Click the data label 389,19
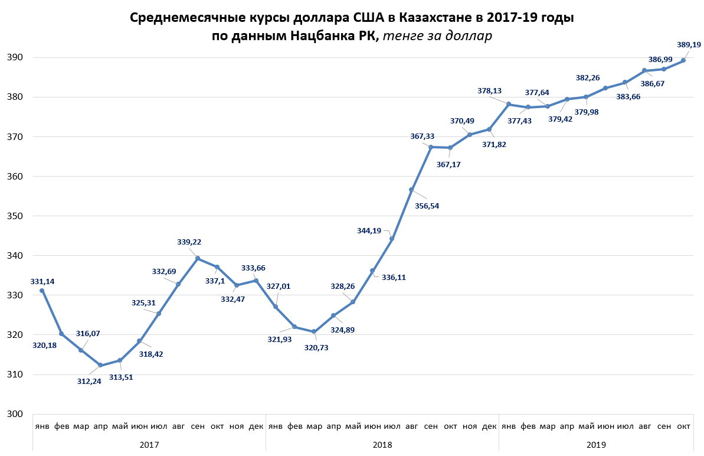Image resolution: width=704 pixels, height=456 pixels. tap(688, 44)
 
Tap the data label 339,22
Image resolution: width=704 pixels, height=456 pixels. tap(189, 242)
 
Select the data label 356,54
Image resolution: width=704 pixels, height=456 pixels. tap(427, 206)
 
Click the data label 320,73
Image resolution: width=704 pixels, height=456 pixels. tap(317, 348)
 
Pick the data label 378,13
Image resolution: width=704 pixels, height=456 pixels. tap(490, 90)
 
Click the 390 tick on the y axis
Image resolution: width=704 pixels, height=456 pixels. tap(15, 57)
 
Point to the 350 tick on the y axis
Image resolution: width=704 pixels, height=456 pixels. tap(15, 216)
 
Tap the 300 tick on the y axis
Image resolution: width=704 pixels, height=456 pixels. tap(15, 413)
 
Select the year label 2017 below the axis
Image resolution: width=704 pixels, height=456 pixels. tap(149, 444)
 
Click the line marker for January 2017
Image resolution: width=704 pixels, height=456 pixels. tap(42, 291)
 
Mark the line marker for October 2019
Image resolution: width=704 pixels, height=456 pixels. tap(683, 60)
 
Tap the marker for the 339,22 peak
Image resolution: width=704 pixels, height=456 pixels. tap(198, 258)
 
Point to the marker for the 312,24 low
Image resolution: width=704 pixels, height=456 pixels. tap(100, 365)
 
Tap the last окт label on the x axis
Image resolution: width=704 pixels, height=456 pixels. tap(683, 426)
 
